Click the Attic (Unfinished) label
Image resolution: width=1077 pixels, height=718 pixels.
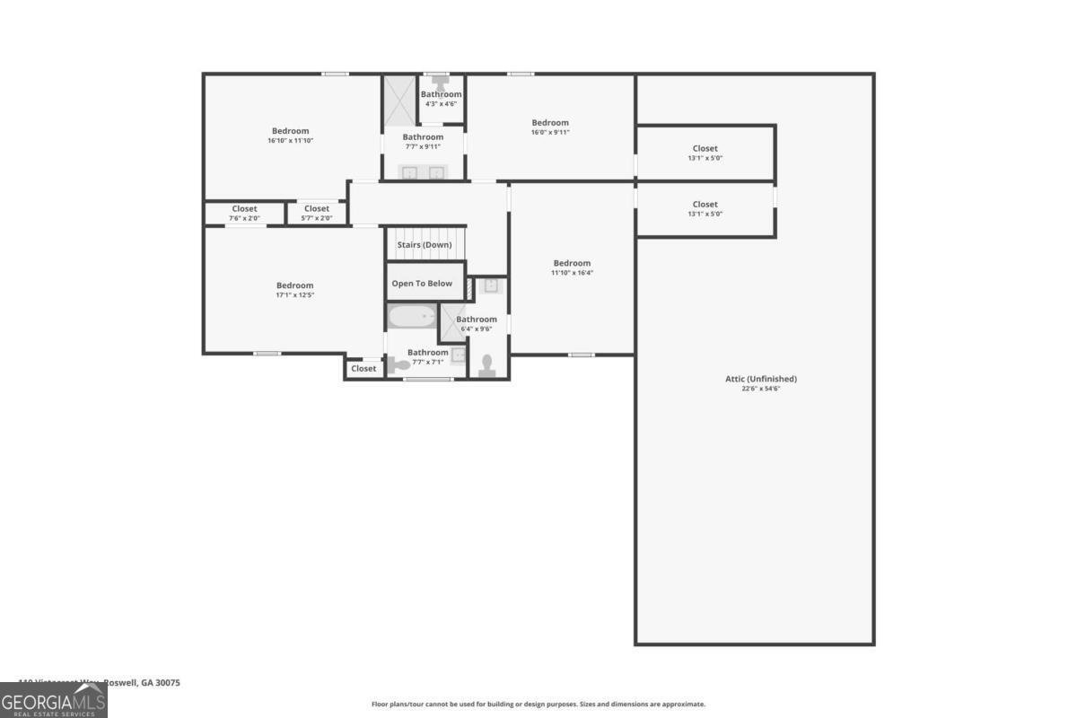(760, 379)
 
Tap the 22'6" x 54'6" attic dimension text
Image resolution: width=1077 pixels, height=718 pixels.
(760, 389)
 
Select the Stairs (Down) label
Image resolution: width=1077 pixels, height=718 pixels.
(425, 245)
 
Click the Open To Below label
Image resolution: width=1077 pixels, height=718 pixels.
(422, 284)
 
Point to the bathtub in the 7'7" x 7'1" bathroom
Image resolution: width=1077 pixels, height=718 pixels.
(412, 318)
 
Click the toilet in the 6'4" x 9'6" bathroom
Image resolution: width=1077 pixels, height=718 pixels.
(487, 363)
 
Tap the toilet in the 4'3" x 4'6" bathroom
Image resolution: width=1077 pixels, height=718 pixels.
(441, 81)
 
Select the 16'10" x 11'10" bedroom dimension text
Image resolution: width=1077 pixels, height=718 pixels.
(290, 141)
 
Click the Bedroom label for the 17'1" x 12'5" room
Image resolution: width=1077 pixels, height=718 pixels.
(294, 285)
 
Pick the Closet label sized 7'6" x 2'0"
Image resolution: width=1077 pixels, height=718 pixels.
(244, 209)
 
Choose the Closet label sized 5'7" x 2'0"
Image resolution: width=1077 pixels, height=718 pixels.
(316, 209)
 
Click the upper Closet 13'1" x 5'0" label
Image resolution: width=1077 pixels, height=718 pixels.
(705, 149)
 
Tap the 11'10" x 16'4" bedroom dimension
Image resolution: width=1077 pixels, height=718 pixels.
(572, 273)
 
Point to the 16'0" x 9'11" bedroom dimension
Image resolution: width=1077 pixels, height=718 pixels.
(550, 132)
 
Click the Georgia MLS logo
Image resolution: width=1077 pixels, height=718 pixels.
(54, 699)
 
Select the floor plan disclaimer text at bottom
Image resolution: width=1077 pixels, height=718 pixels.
(538, 705)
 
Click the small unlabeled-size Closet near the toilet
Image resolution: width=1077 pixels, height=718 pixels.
(363, 369)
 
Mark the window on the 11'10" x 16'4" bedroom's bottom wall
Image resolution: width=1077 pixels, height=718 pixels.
(581, 355)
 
